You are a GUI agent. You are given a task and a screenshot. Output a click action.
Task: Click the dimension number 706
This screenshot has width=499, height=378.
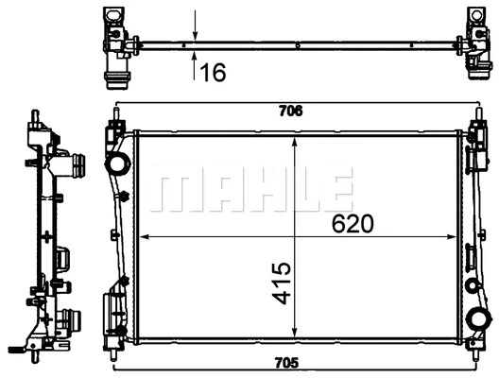tap(291, 111)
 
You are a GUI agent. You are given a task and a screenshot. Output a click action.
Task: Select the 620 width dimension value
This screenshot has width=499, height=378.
tap(353, 223)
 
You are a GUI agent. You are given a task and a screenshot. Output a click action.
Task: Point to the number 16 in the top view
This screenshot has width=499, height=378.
tap(215, 73)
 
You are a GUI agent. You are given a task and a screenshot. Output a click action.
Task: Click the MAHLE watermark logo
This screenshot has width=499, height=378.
tap(251, 190)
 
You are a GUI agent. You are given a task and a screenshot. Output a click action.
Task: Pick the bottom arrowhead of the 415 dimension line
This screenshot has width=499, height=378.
tap(297, 335)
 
